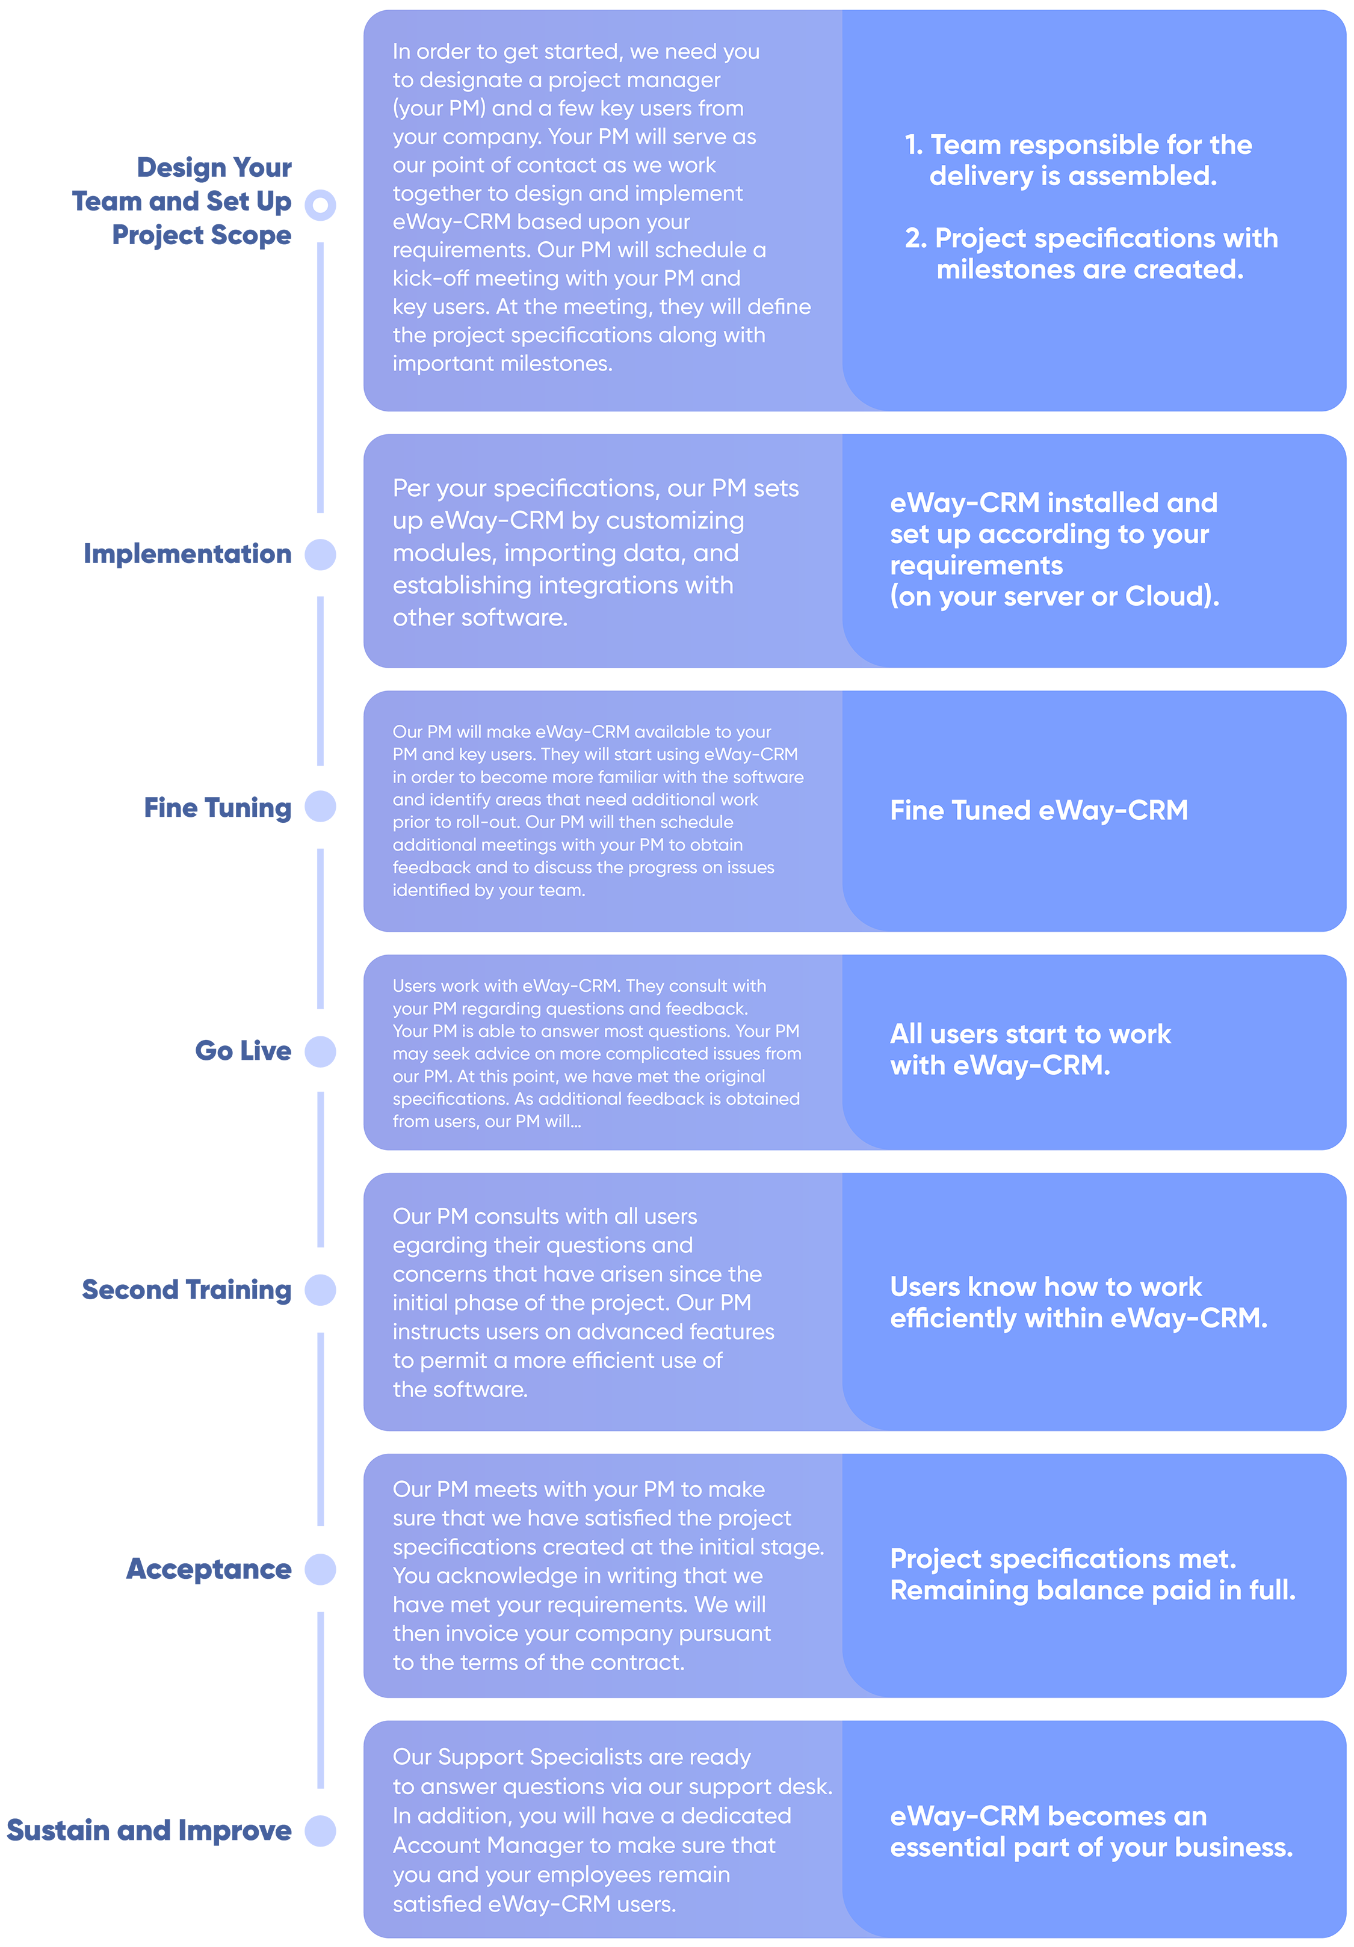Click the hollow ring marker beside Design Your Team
(x=321, y=205)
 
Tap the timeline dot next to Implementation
(x=321, y=555)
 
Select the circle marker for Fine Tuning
(x=321, y=807)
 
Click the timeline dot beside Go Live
(x=321, y=1051)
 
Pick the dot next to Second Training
(x=321, y=1290)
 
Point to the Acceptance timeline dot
(x=321, y=1570)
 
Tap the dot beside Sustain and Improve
(x=321, y=1831)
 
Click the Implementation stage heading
(x=188, y=555)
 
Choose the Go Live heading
(x=244, y=1051)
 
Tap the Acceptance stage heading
(x=209, y=1570)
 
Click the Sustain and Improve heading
(x=149, y=1831)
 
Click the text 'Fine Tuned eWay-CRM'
(x=1039, y=811)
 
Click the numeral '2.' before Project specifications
(x=917, y=238)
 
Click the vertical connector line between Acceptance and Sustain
(x=321, y=1700)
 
